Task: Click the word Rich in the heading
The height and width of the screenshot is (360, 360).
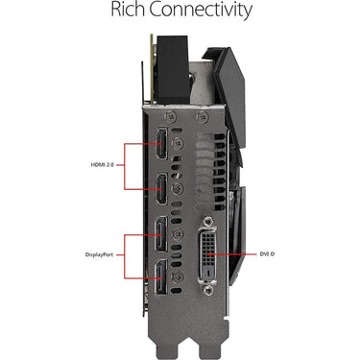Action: click(x=128, y=10)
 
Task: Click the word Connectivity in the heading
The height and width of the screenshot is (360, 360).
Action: click(x=201, y=11)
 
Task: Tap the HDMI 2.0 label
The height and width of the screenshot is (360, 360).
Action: click(x=103, y=165)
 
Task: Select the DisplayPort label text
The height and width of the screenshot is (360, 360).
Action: click(x=99, y=255)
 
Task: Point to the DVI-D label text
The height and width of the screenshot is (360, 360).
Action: click(x=267, y=254)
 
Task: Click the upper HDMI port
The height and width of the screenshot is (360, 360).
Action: click(x=161, y=144)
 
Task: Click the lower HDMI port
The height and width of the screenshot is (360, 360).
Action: click(x=161, y=188)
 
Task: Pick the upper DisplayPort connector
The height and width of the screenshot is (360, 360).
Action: click(x=161, y=234)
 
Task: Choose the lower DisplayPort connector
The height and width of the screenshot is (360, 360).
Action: click(x=161, y=277)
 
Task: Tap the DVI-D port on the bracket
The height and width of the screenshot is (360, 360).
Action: click(x=208, y=254)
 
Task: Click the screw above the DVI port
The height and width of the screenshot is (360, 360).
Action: click(x=209, y=221)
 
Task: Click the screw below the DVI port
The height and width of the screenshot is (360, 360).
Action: click(x=209, y=290)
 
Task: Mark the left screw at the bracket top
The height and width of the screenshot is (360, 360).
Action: click(x=171, y=117)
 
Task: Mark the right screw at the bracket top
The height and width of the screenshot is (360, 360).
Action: click(x=203, y=117)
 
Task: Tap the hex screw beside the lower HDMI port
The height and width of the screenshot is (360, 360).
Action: click(x=177, y=187)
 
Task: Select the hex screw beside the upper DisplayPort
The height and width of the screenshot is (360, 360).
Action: click(x=177, y=234)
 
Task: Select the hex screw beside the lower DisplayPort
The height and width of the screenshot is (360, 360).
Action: click(x=177, y=276)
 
